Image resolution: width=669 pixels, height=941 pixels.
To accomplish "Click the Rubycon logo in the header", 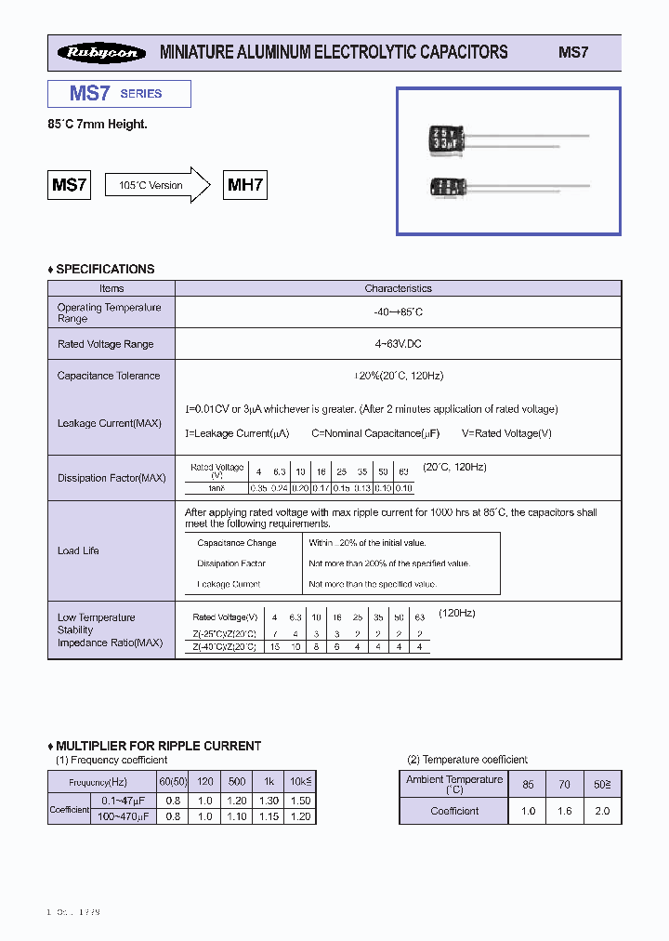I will (x=101, y=53).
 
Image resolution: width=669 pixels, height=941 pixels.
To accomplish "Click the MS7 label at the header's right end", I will (x=573, y=53).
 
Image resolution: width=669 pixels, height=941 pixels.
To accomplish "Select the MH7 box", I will (x=246, y=185).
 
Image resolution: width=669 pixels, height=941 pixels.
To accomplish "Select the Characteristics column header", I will (x=398, y=288).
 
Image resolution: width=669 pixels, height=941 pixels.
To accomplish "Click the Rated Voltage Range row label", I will (x=105, y=344).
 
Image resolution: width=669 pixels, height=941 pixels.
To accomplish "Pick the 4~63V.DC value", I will (x=398, y=344).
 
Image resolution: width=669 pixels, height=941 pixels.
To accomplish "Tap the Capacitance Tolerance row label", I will (x=108, y=376).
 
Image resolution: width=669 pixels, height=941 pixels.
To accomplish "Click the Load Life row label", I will (x=78, y=550).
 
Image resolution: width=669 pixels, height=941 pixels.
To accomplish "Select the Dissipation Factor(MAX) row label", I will (x=111, y=478).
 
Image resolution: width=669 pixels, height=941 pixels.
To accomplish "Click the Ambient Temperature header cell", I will (x=454, y=784).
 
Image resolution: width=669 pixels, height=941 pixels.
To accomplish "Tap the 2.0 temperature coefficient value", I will (x=602, y=811).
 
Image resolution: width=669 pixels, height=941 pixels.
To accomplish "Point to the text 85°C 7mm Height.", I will (x=98, y=124).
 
